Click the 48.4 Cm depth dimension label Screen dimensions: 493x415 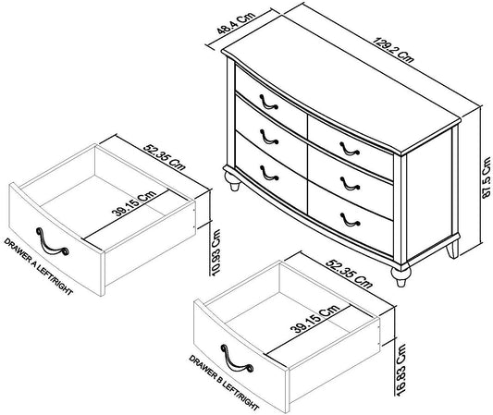pyautogui.click(x=236, y=23)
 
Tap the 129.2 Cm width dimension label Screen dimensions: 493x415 pyautogui.click(x=393, y=50)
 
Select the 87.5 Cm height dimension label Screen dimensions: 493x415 pyautogui.click(x=486, y=177)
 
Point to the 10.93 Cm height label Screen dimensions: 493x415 pyautogui.click(x=216, y=252)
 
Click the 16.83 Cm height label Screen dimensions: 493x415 pyautogui.click(x=401, y=370)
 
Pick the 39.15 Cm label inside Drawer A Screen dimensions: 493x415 pyautogui.click(x=134, y=203)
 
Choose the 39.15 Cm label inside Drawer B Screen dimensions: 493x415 pyautogui.click(x=315, y=319)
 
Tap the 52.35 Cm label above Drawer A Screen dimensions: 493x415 pyautogui.click(x=165, y=157)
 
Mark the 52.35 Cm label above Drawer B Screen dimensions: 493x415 pyautogui.click(x=349, y=274)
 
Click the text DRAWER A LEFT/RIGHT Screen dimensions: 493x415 pyautogui.click(x=38, y=266)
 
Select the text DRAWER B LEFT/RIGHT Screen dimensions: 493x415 pyautogui.click(x=224, y=383)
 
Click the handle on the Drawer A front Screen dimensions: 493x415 pyautogui.click(x=52, y=241)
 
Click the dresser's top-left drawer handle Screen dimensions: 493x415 pyautogui.click(x=268, y=102)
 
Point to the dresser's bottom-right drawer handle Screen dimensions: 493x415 pyautogui.click(x=350, y=220)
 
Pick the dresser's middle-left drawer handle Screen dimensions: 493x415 pyautogui.click(x=269, y=137)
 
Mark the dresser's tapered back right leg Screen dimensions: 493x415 pyautogui.click(x=452, y=250)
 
